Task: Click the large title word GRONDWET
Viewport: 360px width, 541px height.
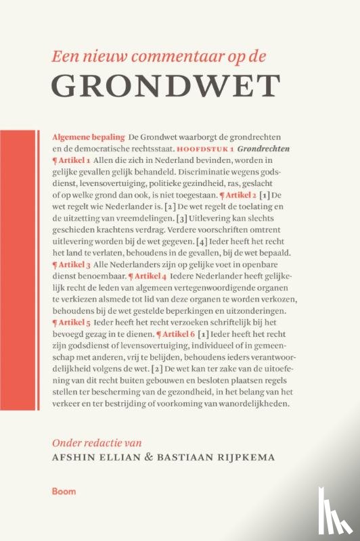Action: [166, 85]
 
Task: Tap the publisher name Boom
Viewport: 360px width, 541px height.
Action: [66, 491]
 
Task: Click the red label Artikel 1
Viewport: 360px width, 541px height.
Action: [71, 160]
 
